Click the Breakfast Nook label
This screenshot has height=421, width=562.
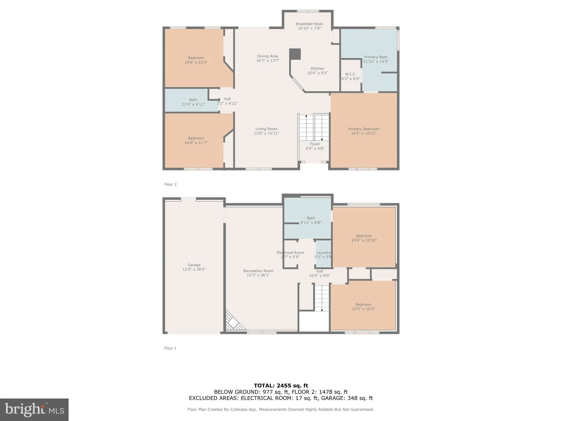(309, 24)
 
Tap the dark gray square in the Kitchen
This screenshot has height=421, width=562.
(295, 54)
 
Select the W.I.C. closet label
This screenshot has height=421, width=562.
(350, 74)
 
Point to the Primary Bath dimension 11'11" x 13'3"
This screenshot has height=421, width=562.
(376, 61)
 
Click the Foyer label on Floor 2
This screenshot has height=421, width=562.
(315, 144)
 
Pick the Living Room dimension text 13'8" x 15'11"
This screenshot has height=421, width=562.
(266, 133)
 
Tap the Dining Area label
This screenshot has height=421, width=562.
(268, 56)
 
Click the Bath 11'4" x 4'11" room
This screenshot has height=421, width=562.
(193, 102)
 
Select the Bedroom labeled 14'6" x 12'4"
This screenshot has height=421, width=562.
(196, 60)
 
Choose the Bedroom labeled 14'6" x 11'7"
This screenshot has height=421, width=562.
(196, 140)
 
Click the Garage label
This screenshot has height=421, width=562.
(194, 265)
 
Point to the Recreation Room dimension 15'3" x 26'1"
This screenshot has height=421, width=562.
(258, 275)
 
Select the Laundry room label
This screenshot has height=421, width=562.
(323, 253)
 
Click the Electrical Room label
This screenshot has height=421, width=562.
(290, 253)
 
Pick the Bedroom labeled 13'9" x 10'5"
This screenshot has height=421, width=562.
(363, 306)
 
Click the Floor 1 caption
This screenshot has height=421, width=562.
(170, 348)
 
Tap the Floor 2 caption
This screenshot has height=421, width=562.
(170, 184)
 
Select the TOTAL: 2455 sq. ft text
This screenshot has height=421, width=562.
(281, 386)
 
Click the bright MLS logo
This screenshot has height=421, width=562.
(34, 409)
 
